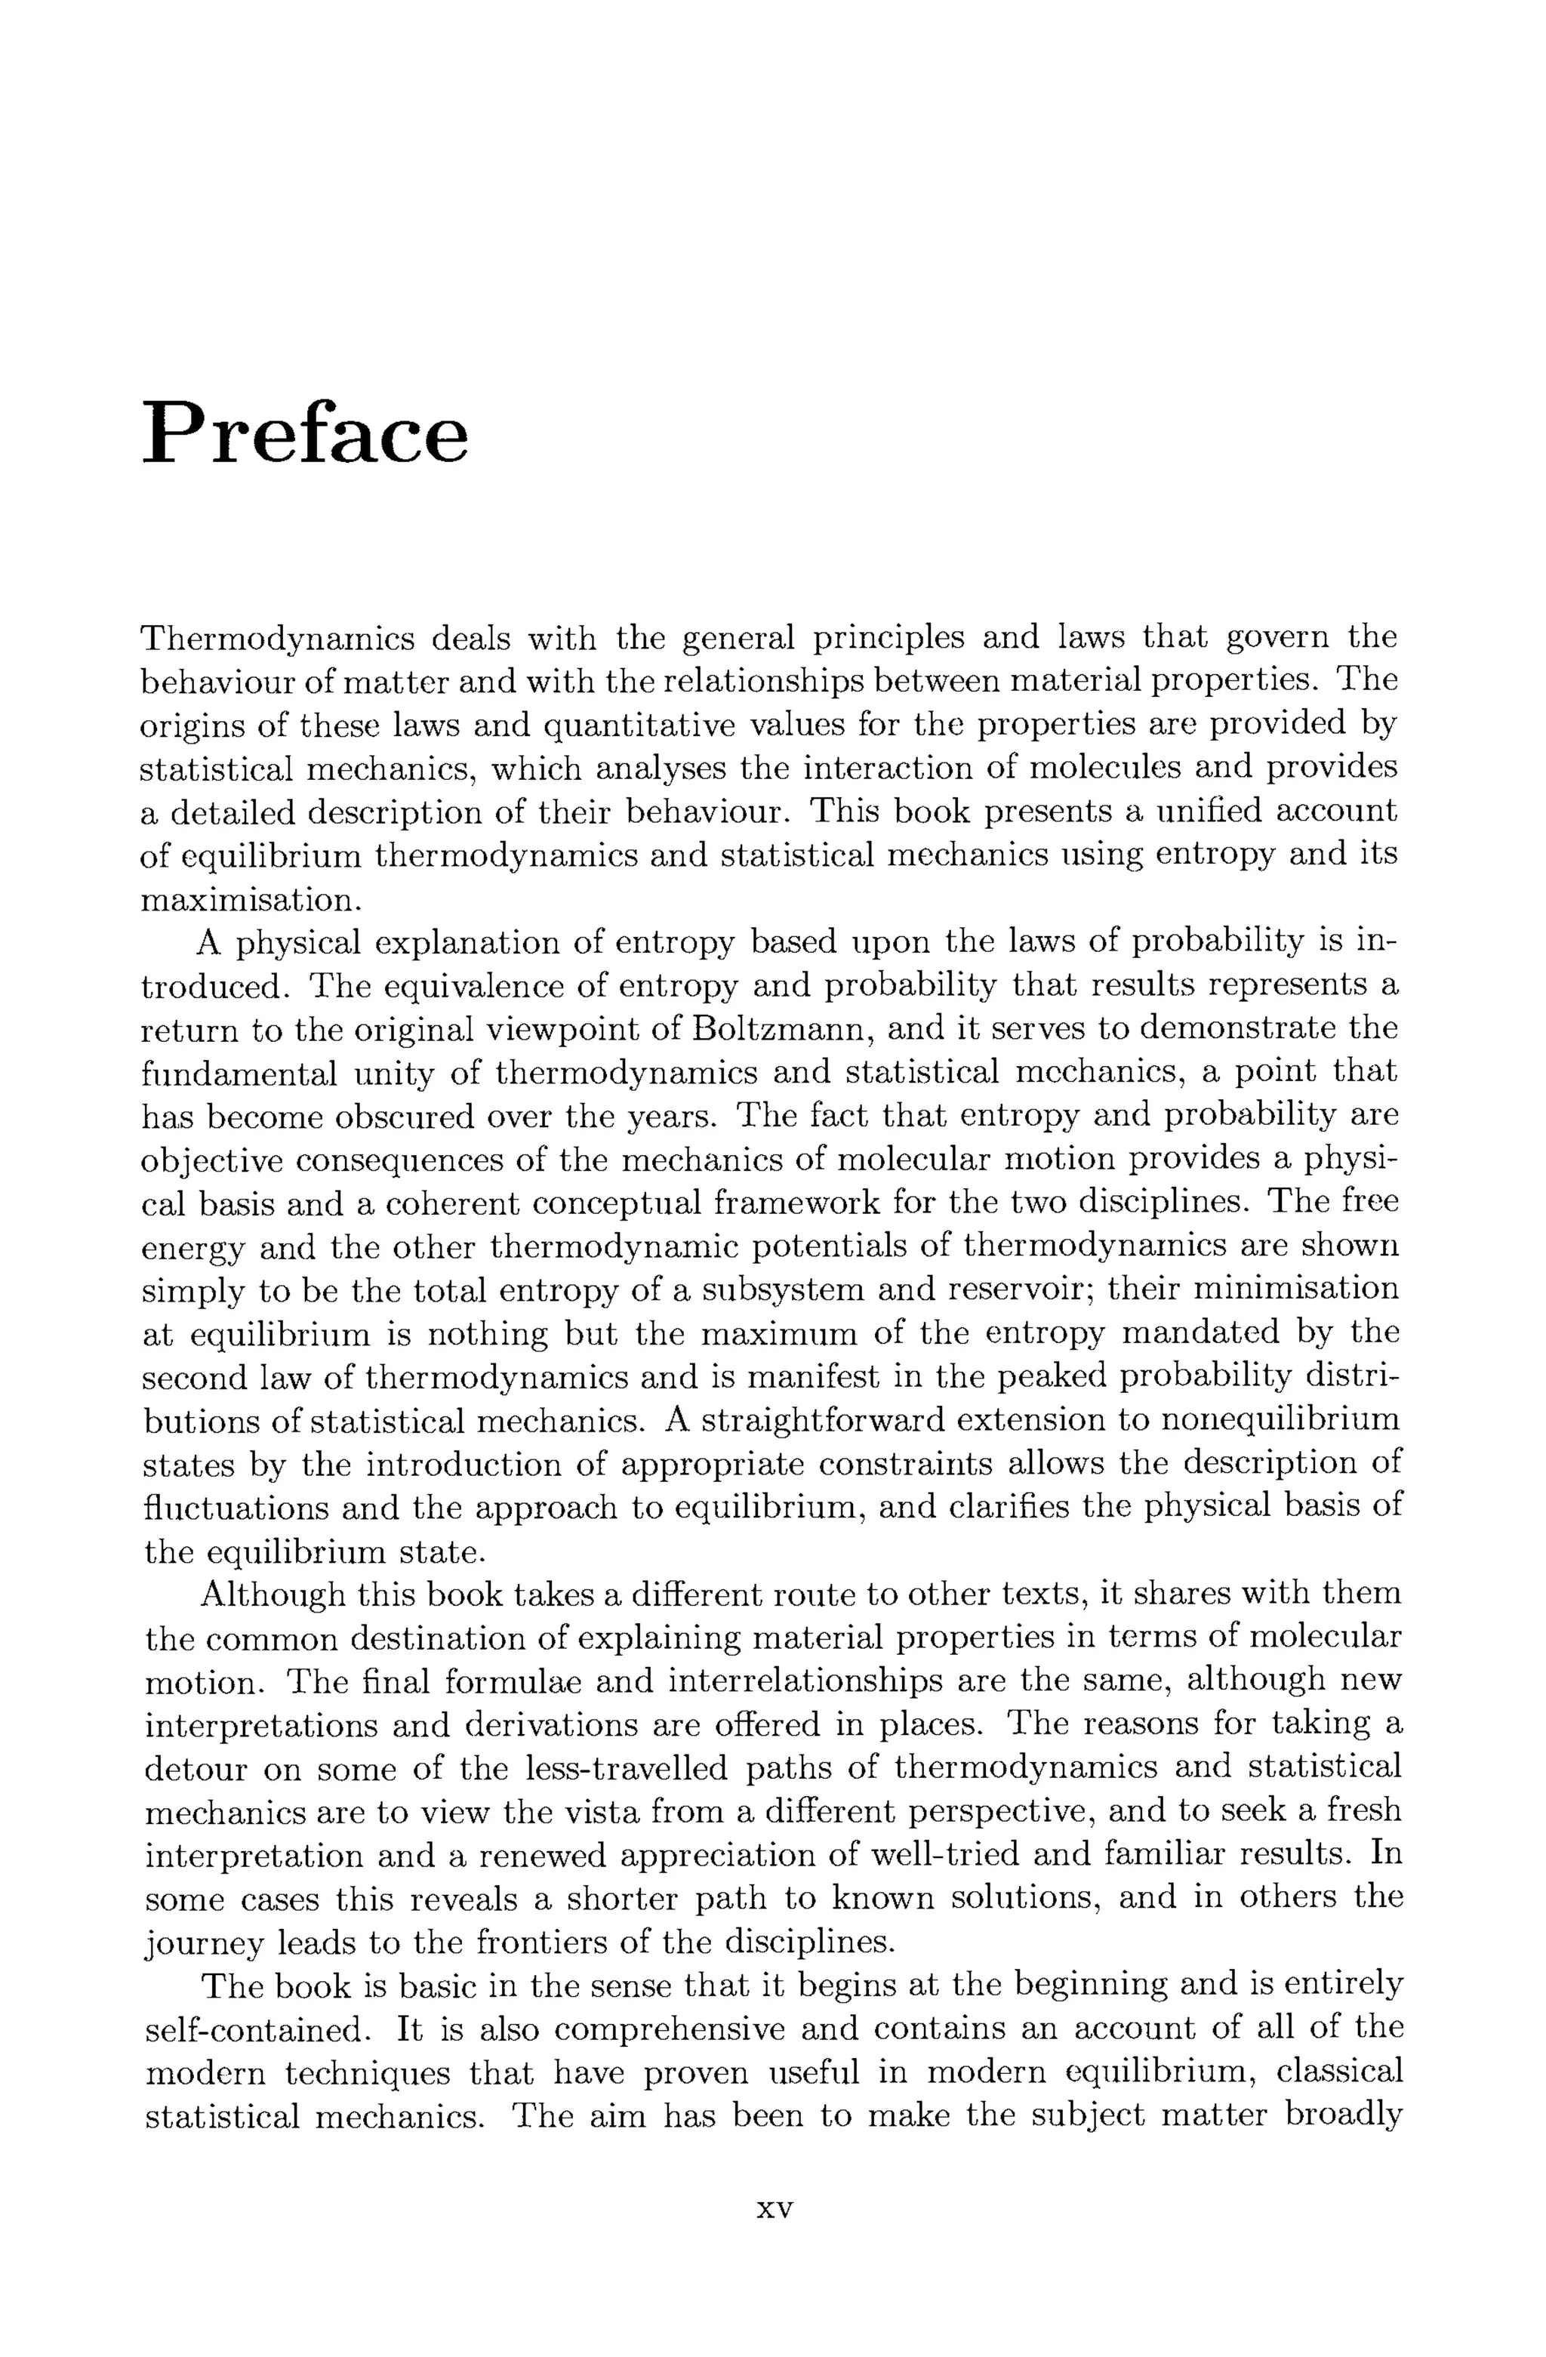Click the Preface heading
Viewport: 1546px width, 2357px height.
(x=305, y=433)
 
